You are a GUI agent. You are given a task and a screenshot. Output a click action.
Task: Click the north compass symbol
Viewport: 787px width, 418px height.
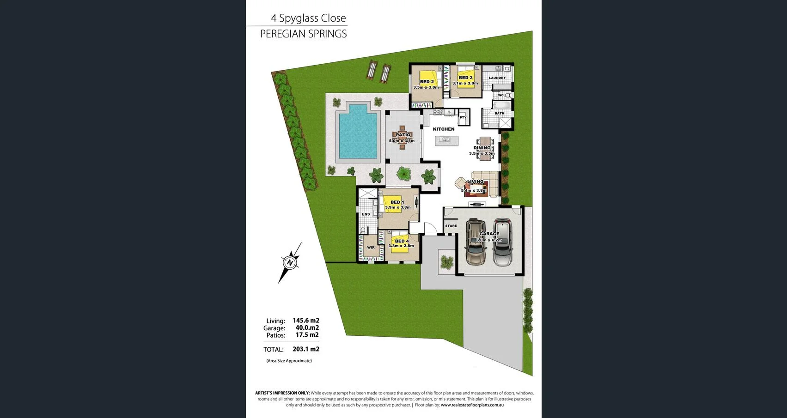point(290,262)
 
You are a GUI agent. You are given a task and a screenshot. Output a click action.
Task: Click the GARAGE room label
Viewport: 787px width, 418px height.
point(489,234)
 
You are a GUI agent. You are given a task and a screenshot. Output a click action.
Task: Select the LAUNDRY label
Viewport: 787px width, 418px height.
point(497,78)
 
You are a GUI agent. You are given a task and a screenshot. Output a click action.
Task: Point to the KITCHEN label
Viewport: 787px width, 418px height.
point(444,129)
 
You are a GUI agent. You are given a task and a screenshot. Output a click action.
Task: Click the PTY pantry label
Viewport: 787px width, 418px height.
point(463,118)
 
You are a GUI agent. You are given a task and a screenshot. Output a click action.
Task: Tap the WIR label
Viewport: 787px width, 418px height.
point(371,248)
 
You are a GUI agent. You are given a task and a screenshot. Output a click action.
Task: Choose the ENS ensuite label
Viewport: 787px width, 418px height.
point(366,214)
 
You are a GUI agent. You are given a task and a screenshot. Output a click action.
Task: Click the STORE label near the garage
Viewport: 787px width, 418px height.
point(451,226)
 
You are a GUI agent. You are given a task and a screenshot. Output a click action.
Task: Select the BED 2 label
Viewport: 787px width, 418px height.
point(427,82)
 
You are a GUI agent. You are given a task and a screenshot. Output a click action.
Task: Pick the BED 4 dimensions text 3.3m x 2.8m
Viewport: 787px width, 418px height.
point(401,246)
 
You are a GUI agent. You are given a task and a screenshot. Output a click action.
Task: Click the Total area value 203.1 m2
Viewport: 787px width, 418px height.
point(306,350)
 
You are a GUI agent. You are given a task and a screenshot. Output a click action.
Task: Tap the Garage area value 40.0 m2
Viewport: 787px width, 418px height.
point(307,328)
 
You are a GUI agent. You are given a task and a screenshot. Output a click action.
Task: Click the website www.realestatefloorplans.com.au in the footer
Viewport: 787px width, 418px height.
point(472,405)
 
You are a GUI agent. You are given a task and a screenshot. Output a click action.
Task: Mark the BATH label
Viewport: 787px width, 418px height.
point(500,113)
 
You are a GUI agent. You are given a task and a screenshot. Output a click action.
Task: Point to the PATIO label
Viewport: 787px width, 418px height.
point(403,135)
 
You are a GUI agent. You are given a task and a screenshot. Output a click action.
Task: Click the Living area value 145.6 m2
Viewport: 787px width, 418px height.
point(306,321)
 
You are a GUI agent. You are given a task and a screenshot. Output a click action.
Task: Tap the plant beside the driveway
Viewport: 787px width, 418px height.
point(446,262)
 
